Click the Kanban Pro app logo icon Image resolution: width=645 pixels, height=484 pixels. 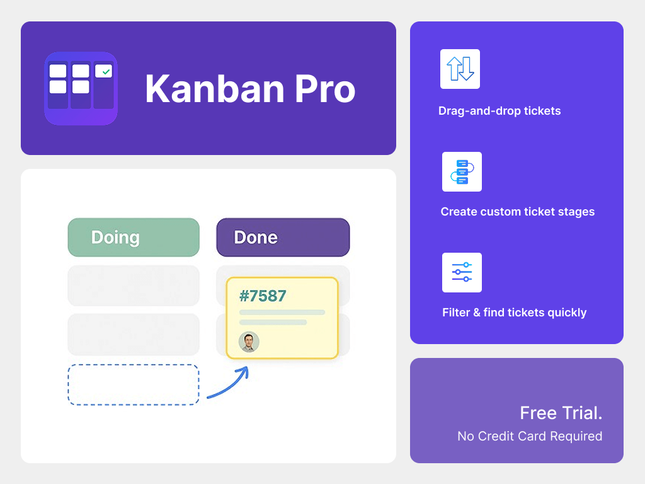tap(81, 88)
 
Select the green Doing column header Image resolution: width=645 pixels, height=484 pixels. tap(134, 238)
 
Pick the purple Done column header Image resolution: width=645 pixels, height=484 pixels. tap(283, 238)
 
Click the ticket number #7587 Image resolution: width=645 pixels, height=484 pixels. tap(263, 296)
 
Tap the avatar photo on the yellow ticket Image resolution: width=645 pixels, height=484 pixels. tap(249, 342)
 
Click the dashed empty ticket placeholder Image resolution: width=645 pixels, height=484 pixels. tap(134, 384)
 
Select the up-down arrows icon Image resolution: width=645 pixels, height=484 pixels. tap(460, 69)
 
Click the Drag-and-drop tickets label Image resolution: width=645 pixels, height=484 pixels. tap(499, 111)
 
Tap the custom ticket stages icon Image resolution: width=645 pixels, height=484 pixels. tap(462, 171)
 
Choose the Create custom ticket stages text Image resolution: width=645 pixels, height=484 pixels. tap(518, 212)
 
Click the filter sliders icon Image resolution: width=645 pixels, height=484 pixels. tap(462, 272)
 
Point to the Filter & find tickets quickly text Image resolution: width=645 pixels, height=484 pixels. tap(514, 313)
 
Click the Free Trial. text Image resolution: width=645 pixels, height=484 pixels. tap(561, 413)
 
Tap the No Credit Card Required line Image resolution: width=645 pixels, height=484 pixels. tap(530, 436)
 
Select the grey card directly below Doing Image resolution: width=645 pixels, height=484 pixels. tap(134, 285)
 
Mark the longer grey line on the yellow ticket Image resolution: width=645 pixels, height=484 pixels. tap(282, 312)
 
